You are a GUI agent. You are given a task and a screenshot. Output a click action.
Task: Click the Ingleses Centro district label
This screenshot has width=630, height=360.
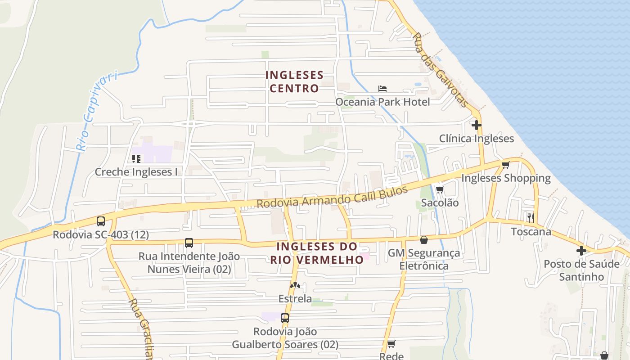(x=294, y=81)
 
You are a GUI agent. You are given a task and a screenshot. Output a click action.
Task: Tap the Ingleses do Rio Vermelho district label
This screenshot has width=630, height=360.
(x=317, y=253)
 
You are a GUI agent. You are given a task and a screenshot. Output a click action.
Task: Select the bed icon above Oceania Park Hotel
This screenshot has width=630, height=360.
(x=382, y=88)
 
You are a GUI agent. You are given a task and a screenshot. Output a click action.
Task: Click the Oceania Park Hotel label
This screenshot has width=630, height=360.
(x=382, y=102)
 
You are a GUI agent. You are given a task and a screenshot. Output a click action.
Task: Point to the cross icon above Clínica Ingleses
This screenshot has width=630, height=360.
(x=477, y=125)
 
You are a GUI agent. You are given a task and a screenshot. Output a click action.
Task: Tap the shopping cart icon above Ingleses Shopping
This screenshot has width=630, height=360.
(x=505, y=165)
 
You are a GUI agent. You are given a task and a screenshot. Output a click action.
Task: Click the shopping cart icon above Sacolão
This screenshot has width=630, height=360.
(x=440, y=189)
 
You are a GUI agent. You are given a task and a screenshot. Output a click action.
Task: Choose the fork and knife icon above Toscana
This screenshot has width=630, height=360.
(x=531, y=218)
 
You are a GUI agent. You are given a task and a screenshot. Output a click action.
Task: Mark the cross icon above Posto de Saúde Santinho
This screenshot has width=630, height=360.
(x=581, y=250)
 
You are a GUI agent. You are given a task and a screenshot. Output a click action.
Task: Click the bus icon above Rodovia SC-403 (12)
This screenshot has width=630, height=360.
(x=101, y=221)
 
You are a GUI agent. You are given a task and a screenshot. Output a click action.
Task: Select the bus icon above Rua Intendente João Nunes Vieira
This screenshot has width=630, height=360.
(x=189, y=243)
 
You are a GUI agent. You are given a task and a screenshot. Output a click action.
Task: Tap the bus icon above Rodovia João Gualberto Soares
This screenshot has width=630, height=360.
(x=284, y=318)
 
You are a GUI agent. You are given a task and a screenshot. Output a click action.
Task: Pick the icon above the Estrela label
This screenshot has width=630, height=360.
(x=295, y=285)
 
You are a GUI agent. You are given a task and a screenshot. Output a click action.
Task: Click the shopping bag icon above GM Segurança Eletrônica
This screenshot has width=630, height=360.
(x=423, y=240)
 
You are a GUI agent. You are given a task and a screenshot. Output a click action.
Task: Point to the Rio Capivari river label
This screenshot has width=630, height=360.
(x=97, y=110)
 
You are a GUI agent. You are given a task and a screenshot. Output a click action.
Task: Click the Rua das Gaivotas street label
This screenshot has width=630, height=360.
(x=441, y=70)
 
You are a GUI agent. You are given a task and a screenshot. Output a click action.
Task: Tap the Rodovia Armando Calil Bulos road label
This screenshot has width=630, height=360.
(x=332, y=197)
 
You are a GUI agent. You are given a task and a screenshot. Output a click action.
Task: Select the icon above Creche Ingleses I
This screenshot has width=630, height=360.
(x=136, y=158)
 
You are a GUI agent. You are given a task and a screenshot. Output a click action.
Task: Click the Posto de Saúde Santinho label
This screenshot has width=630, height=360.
(x=581, y=270)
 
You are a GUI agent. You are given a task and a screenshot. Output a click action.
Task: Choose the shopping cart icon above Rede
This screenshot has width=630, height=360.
(x=391, y=344)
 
